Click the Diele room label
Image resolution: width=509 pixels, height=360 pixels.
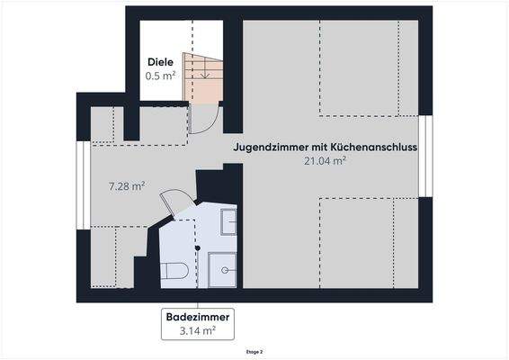click(x=161, y=62)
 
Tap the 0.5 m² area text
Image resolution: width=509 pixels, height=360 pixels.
click(x=161, y=76)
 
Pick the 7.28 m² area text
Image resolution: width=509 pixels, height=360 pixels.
click(x=127, y=186)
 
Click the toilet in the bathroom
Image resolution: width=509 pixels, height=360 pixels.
click(x=176, y=270)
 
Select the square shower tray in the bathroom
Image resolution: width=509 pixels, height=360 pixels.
click(x=222, y=269)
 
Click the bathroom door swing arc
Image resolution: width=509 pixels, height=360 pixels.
click(x=176, y=202)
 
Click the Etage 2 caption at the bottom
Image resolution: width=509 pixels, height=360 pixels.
click(x=254, y=352)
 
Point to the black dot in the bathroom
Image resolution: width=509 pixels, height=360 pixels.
click(x=197, y=247)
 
